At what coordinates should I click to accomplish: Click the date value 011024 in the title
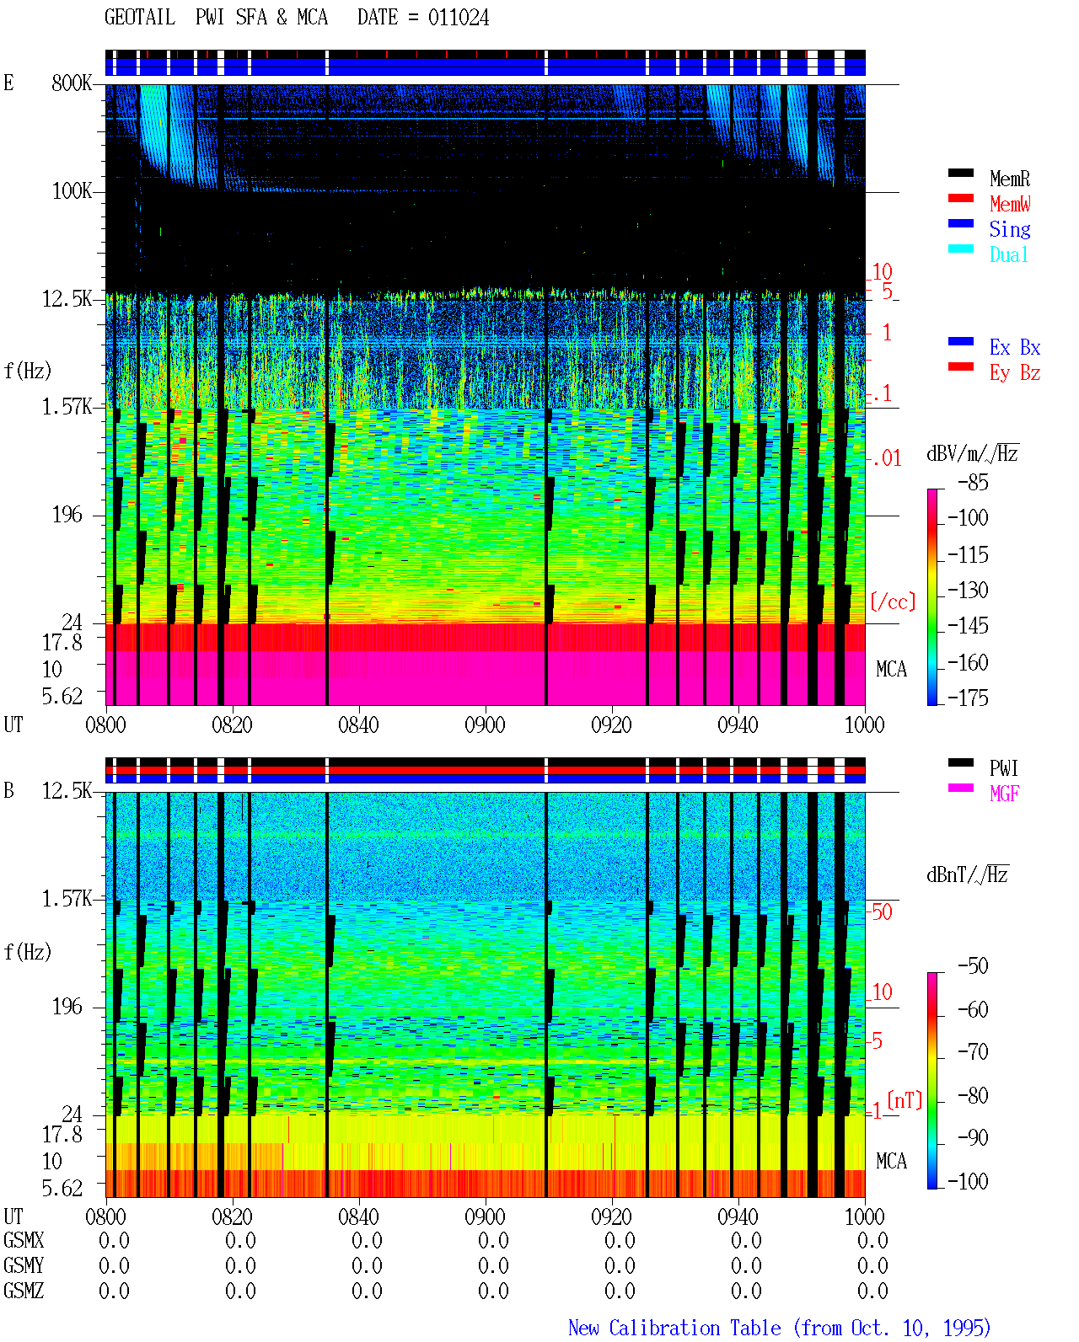(x=459, y=18)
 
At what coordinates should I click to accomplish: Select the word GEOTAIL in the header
(x=140, y=18)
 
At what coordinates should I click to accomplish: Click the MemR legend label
(x=1010, y=179)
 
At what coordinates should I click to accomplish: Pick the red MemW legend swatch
(x=960, y=198)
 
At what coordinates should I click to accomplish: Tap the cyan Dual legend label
(x=1009, y=254)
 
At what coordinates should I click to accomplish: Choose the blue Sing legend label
(x=1010, y=229)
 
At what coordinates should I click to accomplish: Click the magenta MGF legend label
(x=1004, y=794)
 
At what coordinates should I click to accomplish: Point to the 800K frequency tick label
(x=72, y=83)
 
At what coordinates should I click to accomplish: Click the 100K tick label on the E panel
(x=72, y=191)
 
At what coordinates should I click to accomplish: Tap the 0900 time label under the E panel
(x=485, y=724)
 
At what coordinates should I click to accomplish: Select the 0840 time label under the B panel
(x=358, y=1216)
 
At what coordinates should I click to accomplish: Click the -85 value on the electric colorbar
(x=973, y=482)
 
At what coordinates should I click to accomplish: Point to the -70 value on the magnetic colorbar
(x=973, y=1051)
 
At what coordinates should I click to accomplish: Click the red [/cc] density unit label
(x=893, y=601)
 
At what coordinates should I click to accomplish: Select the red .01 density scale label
(x=886, y=459)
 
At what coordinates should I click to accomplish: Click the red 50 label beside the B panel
(x=882, y=912)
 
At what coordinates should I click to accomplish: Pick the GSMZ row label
(x=24, y=1291)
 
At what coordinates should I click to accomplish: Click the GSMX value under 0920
(x=620, y=1241)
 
